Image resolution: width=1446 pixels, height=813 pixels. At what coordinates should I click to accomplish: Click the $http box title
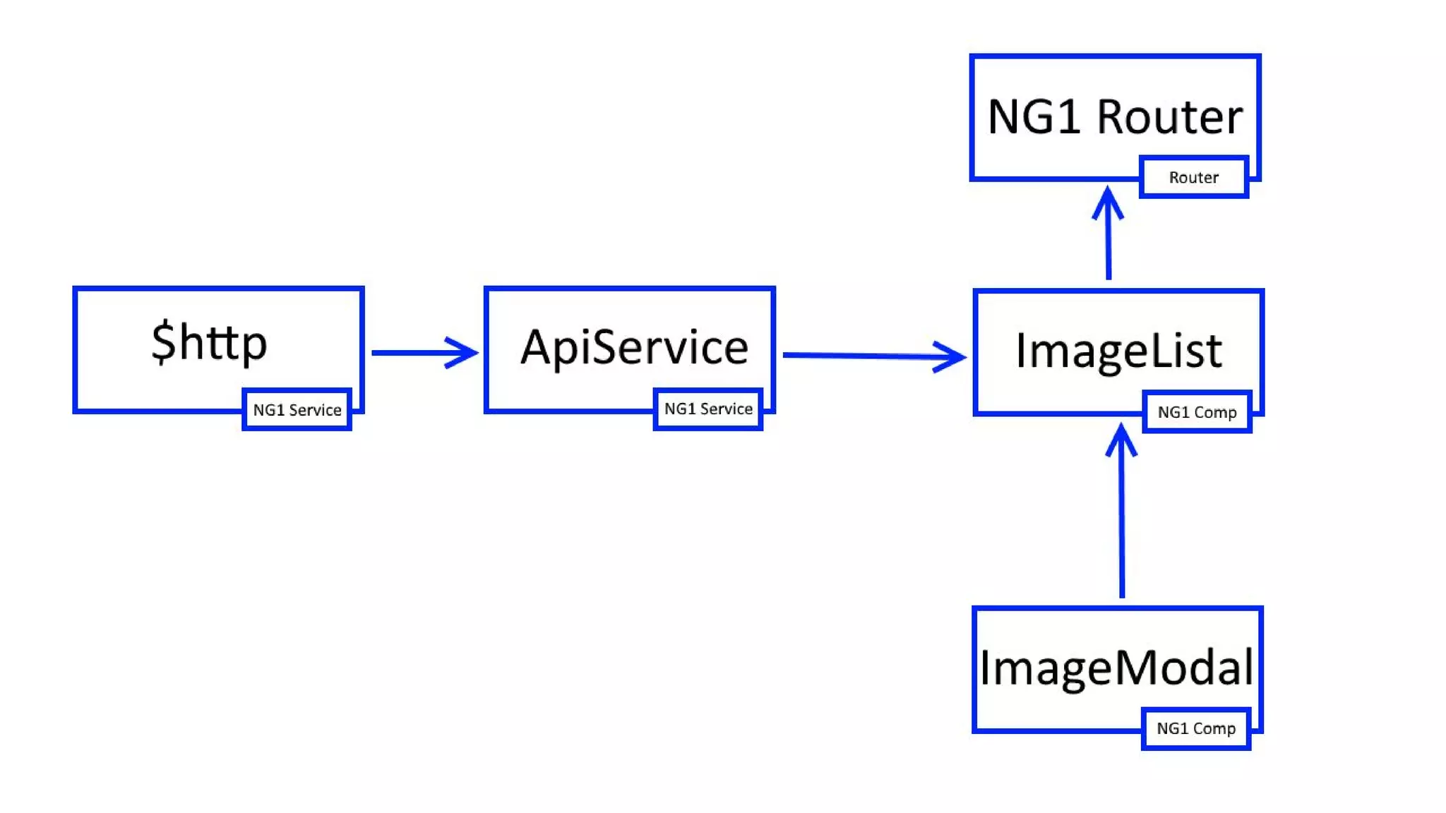tap(209, 343)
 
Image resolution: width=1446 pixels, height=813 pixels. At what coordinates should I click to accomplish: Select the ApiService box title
tap(634, 347)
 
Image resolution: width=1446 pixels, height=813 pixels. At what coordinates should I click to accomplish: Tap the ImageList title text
tap(1118, 351)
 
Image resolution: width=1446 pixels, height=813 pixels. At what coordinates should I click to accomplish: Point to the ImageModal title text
tap(1116, 668)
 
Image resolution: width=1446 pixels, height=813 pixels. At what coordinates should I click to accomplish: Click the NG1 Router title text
tap(1115, 116)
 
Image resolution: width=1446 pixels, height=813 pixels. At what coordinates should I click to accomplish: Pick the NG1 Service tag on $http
tap(297, 410)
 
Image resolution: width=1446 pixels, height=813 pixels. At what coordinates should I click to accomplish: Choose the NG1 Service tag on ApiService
tap(708, 409)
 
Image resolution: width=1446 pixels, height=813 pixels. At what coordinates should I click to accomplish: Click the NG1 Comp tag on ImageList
tap(1197, 412)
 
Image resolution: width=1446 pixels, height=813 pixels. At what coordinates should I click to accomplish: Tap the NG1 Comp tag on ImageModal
tap(1196, 729)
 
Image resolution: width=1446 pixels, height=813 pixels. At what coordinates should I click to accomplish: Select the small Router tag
tap(1193, 177)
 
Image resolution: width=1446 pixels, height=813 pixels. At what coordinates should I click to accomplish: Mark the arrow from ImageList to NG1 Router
tap(1109, 240)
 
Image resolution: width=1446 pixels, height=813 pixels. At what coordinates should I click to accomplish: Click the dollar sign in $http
tap(163, 342)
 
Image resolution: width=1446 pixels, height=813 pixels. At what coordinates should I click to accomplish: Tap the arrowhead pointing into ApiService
tap(462, 352)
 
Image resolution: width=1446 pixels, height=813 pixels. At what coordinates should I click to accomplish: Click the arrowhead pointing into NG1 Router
tap(1108, 201)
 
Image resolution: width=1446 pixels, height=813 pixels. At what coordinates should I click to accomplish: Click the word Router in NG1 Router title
tap(1169, 116)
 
